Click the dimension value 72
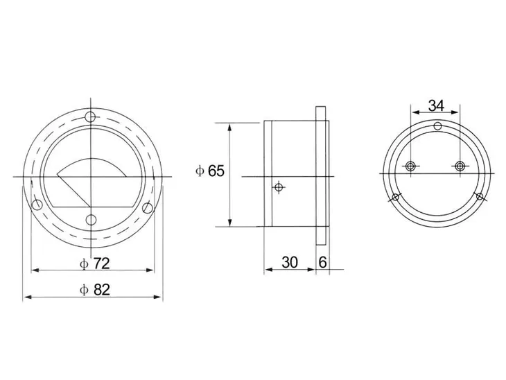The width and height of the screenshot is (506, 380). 102,264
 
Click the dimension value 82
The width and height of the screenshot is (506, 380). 102,290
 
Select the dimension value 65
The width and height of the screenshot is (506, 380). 216,171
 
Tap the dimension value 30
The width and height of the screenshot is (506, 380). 290,263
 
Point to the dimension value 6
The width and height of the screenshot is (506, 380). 322,263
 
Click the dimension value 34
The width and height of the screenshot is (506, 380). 436,105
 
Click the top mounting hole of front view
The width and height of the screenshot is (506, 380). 90,116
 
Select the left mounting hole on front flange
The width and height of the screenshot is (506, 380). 37,205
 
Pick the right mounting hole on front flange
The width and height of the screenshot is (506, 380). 148,207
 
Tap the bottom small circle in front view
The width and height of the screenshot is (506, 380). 91,220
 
